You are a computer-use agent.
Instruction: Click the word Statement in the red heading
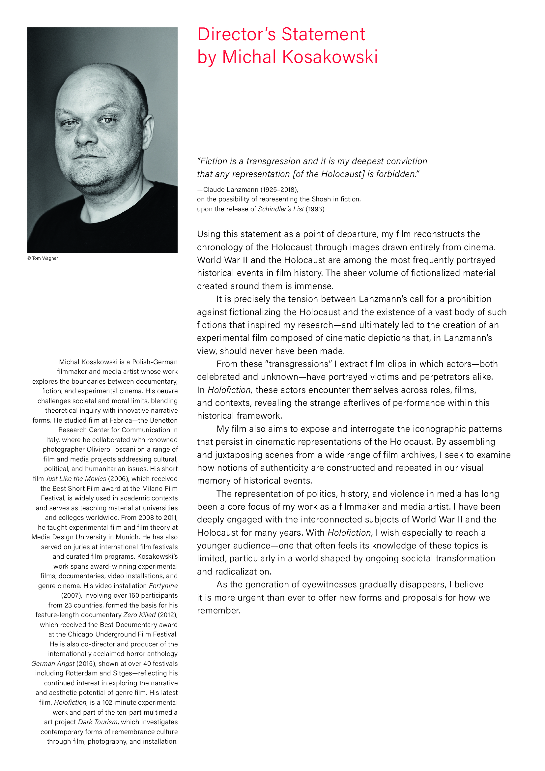(323, 35)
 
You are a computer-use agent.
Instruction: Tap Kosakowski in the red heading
(330, 57)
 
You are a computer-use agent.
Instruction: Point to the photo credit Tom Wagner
(45, 258)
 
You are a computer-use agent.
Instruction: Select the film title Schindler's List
(280, 209)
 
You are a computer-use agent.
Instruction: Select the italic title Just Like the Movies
(76, 479)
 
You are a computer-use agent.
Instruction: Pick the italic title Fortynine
(163, 586)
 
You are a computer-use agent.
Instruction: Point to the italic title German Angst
(53, 664)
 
